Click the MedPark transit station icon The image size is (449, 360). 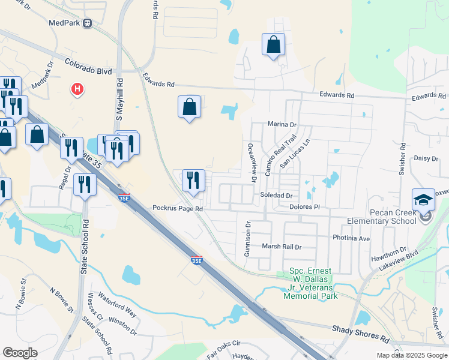point(88,23)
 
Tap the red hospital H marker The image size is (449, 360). point(77,90)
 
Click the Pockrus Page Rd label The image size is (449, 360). point(178,209)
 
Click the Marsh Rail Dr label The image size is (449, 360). point(281,247)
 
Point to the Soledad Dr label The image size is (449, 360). point(276,196)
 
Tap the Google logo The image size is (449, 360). point(20,353)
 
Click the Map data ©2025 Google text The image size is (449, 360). point(411,355)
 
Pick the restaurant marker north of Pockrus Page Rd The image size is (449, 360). point(193,181)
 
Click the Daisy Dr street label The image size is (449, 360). point(427,158)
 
